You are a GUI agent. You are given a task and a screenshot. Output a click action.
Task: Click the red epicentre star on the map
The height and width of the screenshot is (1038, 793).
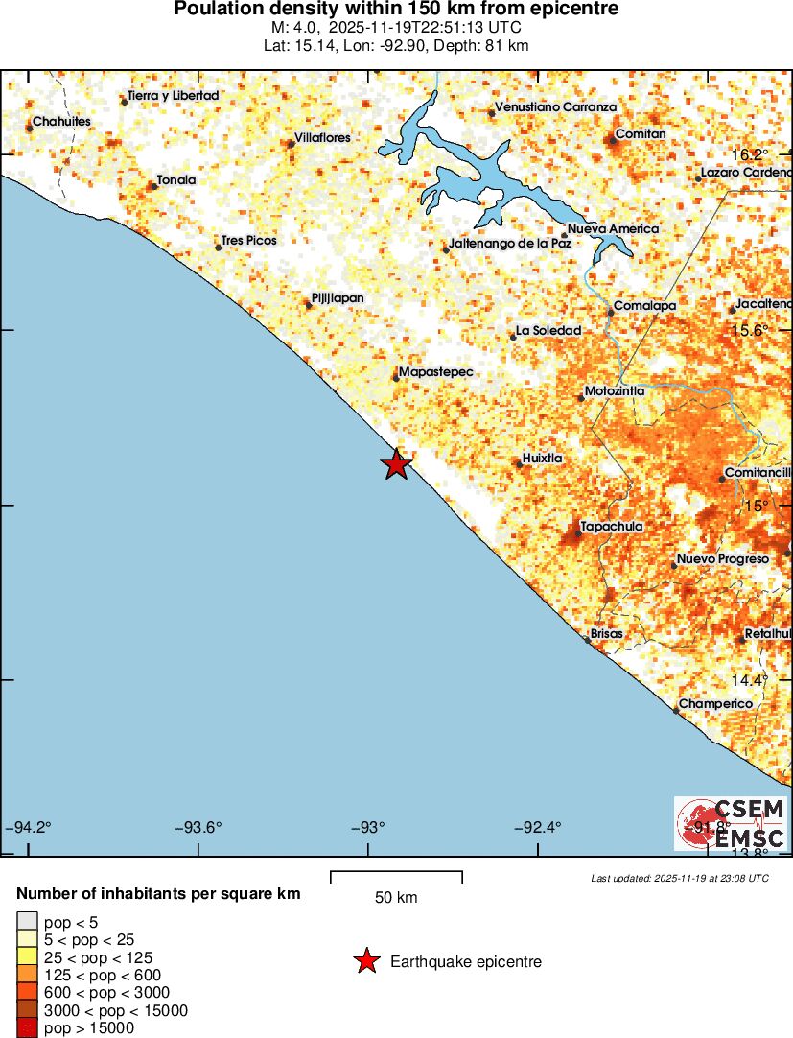(x=396, y=464)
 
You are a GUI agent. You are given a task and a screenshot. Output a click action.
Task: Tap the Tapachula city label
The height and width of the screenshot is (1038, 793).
(x=612, y=527)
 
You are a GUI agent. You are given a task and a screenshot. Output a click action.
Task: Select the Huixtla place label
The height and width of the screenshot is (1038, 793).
(x=543, y=459)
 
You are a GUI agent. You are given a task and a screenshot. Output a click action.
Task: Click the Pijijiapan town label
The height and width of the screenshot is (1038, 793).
(x=338, y=298)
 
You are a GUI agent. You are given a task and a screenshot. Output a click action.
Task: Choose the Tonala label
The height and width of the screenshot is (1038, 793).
(x=176, y=180)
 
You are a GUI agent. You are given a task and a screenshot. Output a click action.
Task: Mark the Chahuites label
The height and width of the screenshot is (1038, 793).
(x=61, y=122)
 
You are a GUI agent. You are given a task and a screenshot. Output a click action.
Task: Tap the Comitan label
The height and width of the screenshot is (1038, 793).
(x=640, y=134)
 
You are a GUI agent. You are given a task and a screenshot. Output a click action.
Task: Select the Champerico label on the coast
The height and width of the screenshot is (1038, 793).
(x=716, y=704)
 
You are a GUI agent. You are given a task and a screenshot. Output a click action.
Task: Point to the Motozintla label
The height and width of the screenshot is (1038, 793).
(x=615, y=391)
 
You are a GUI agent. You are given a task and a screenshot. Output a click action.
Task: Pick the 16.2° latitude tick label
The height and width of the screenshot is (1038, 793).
(x=750, y=154)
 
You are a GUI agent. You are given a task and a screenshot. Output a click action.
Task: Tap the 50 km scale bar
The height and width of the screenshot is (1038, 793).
(x=396, y=874)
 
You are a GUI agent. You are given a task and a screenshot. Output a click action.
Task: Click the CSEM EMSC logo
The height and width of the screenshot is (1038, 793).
(x=732, y=823)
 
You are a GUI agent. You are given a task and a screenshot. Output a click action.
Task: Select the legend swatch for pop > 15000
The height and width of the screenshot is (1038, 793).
(x=26, y=1028)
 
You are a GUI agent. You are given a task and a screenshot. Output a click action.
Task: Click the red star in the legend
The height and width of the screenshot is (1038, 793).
(x=366, y=961)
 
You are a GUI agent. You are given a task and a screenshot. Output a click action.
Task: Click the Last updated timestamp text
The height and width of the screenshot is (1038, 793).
(x=680, y=878)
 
